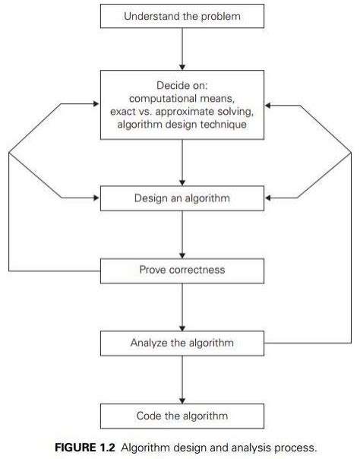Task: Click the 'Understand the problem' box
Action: [182, 16]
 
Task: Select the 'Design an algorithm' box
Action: [182, 198]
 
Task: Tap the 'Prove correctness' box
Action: [182, 270]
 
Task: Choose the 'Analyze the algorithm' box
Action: [182, 343]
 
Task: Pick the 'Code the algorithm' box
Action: [182, 416]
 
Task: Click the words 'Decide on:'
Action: [182, 85]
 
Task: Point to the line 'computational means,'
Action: [182, 99]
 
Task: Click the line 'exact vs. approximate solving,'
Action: [182, 112]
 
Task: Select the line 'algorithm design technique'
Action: [182, 125]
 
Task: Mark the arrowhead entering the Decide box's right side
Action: [268, 105]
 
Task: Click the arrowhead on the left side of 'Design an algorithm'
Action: [96, 198]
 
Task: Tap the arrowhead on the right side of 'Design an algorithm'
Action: [268, 198]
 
